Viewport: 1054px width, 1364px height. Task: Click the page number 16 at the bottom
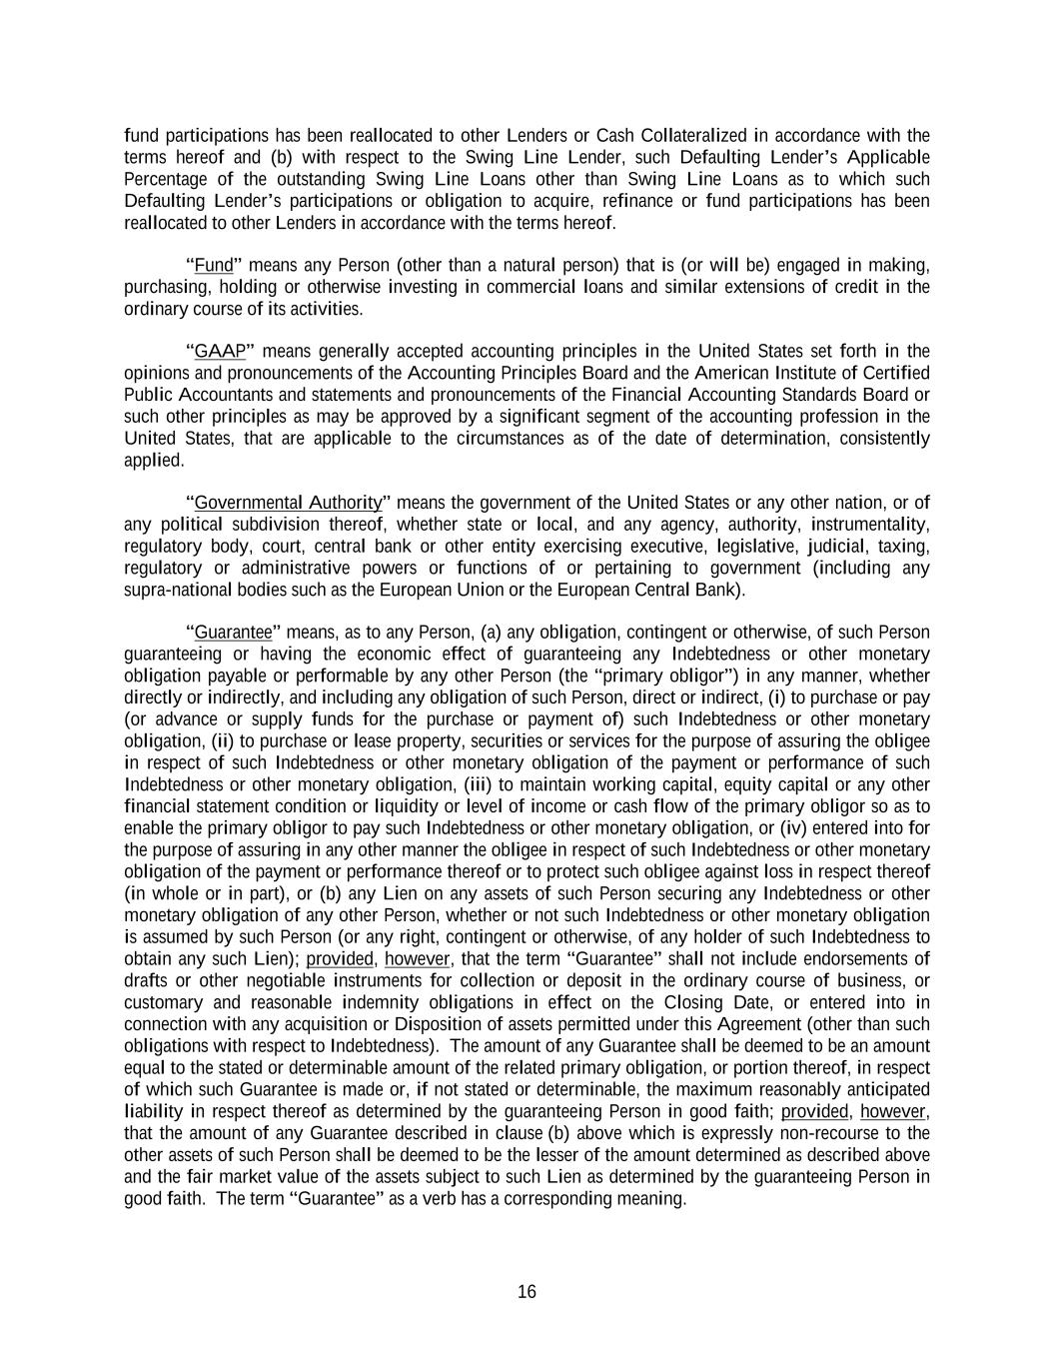[x=527, y=1292]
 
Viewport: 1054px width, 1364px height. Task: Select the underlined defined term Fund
[x=213, y=266]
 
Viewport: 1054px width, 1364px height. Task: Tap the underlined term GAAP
[x=220, y=352]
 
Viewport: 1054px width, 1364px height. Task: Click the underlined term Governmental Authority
[x=288, y=503]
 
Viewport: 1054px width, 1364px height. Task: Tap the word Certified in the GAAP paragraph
[x=896, y=374]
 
